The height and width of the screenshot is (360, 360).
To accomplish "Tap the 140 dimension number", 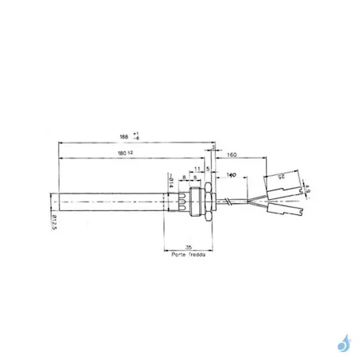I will pyautogui.click(x=233, y=173).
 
